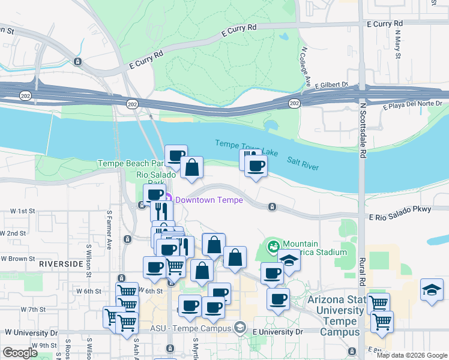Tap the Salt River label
click(303, 163)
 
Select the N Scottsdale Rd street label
click(363, 130)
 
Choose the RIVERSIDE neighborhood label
click(60, 263)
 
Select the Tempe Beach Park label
click(130, 163)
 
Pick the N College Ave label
click(306, 67)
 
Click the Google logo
click(20, 353)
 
